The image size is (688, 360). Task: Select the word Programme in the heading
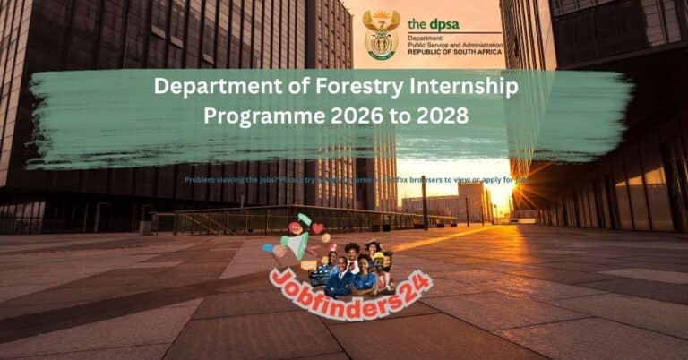[261, 116]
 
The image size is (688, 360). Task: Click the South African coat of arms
[381, 35]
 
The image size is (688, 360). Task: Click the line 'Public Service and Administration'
[454, 46]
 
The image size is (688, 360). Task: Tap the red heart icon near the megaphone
[317, 228]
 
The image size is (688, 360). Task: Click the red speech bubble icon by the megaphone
[297, 228]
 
